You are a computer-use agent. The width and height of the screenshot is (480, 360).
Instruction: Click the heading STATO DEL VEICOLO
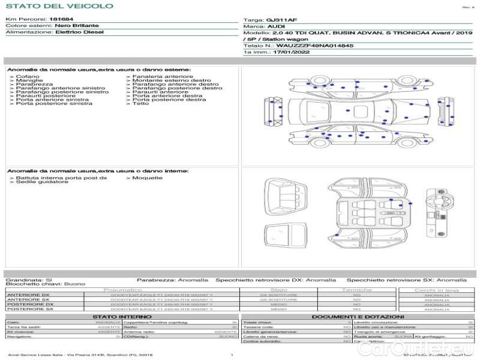coord(59,6)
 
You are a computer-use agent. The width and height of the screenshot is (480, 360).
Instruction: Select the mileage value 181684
coord(61,20)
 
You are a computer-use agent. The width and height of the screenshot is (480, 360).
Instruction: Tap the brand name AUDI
coord(277,26)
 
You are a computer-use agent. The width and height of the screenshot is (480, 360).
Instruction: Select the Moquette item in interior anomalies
coord(147,178)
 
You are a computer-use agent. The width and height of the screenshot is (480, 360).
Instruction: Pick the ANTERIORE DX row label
coord(28,295)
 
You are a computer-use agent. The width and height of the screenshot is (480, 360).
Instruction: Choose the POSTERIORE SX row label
coord(29,309)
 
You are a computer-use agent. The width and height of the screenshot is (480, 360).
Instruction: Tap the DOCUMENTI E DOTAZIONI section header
coord(358,316)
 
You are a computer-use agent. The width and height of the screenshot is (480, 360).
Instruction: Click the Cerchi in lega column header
coord(436,290)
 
